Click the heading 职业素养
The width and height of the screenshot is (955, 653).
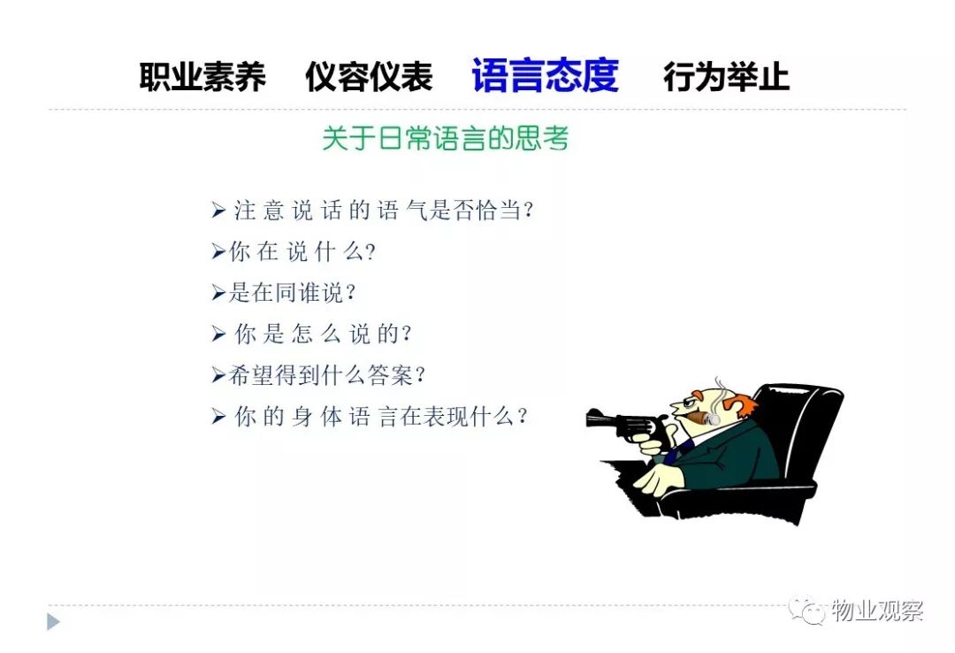[202, 77]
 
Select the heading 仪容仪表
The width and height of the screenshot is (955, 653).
[369, 77]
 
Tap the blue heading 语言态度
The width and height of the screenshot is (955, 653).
[545, 75]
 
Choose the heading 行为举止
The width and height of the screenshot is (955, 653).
[726, 77]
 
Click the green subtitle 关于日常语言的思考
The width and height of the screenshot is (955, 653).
[445, 138]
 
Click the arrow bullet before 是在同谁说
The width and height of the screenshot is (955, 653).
[218, 293]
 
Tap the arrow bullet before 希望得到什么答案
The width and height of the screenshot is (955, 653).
[218, 375]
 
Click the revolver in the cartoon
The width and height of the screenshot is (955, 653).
[625, 423]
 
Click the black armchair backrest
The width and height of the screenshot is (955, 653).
[804, 426]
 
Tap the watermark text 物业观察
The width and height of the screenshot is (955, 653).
[878, 611]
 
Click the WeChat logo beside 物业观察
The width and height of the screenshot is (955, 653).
[808, 610]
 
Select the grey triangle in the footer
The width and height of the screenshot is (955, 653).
[53, 622]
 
